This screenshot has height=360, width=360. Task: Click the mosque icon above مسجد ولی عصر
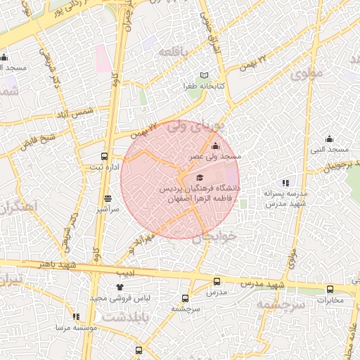tap(215, 146)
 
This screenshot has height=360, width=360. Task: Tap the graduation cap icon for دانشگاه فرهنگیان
tap(200, 178)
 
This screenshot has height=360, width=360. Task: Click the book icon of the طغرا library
tap(205, 75)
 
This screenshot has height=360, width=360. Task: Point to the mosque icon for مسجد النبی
tap(329, 139)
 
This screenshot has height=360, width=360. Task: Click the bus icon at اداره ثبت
tap(105, 157)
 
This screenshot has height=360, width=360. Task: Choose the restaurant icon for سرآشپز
tap(108, 199)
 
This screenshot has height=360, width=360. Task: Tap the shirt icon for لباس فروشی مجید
tap(119, 287)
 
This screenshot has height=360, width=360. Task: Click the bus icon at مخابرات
tap(330, 289)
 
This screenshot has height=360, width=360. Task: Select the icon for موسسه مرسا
tap(76, 316)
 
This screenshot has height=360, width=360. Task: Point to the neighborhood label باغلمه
tap(172, 53)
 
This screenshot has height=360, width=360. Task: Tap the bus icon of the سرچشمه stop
tap(186, 298)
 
